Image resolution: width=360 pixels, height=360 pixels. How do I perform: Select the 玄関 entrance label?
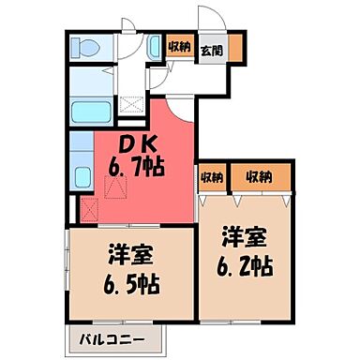tap(211, 52)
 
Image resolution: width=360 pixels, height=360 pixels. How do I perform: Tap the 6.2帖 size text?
tap(247, 266)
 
